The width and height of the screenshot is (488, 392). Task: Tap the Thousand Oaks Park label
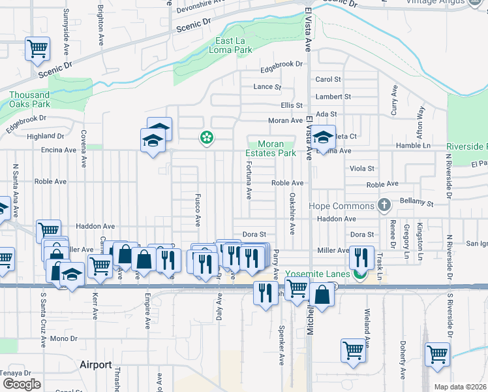(x=29, y=99)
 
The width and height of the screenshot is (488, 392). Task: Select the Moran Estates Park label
(x=270, y=148)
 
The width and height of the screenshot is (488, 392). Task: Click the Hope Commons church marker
(x=384, y=206)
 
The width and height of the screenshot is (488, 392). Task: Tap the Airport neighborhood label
(x=95, y=365)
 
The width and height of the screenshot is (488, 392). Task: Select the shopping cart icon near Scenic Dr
(x=38, y=48)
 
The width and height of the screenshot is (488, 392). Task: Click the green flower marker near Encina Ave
(x=207, y=137)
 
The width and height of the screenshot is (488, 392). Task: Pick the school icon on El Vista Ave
(x=322, y=137)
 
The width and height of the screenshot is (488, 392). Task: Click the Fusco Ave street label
(x=198, y=208)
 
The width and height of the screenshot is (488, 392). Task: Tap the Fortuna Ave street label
(x=249, y=181)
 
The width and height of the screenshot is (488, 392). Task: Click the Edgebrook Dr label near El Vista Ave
(x=282, y=64)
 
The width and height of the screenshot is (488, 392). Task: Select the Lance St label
(x=267, y=86)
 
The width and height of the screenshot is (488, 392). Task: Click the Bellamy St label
(x=418, y=204)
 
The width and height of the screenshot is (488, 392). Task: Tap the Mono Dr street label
(x=63, y=338)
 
